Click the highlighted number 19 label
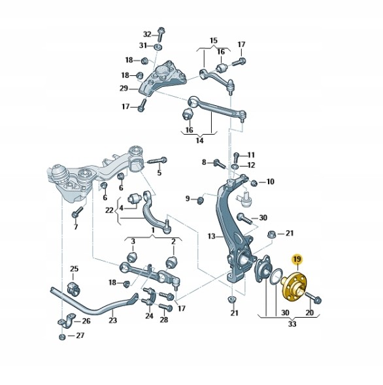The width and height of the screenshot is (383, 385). pyautogui.click(x=297, y=259)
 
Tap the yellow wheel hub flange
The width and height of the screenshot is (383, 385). pyautogui.click(x=293, y=287)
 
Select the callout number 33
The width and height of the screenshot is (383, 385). pyautogui.click(x=292, y=324)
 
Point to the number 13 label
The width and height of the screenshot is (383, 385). pyautogui.click(x=211, y=236)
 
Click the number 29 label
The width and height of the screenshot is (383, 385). pyautogui.click(x=124, y=88)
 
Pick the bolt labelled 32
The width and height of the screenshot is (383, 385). pyautogui.click(x=161, y=35)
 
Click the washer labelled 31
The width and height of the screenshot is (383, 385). pyautogui.click(x=158, y=46)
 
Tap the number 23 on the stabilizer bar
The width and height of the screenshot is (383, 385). pyautogui.click(x=112, y=320)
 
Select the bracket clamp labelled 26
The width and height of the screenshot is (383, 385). pyautogui.click(x=67, y=320)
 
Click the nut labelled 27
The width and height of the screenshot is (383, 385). pyautogui.click(x=62, y=337)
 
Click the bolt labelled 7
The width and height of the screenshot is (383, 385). pyautogui.click(x=77, y=212)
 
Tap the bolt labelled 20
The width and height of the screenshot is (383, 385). pyautogui.click(x=314, y=297)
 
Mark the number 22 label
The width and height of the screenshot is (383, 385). pyautogui.click(x=110, y=210)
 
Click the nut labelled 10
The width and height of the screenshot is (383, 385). pyautogui.click(x=254, y=182)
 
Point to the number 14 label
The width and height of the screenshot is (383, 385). pyautogui.click(x=199, y=141)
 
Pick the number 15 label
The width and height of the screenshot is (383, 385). pyautogui.click(x=214, y=41)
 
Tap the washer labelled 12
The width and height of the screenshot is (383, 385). pyautogui.click(x=235, y=167)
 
